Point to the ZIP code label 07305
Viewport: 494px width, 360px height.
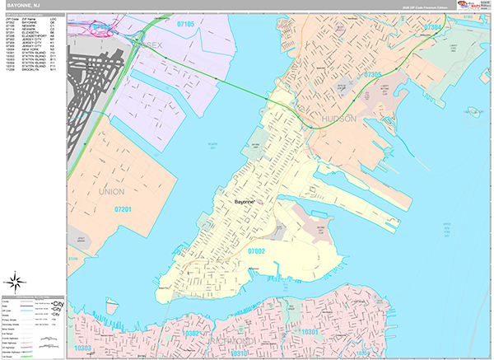pyautogui.click(x=373, y=76)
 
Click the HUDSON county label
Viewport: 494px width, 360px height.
pyautogui.click(x=338, y=119)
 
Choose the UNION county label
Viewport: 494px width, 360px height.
pyautogui.click(x=111, y=191)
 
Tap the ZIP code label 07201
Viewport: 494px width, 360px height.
pyautogui.click(x=123, y=210)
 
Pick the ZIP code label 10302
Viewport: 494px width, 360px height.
pyautogui.click(x=192, y=334)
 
